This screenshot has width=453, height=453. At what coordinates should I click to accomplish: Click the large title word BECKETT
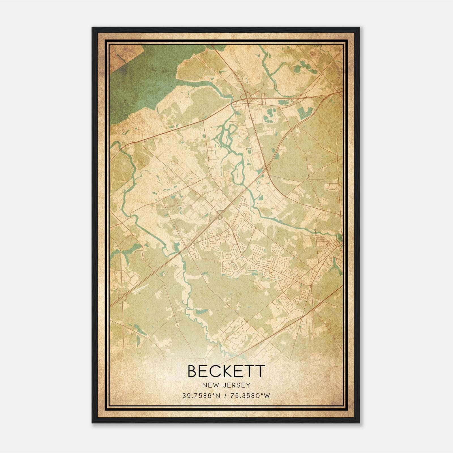coord(226,371)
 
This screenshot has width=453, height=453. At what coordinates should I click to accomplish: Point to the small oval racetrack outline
coord(313,53)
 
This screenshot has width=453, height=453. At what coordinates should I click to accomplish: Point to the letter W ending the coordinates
coord(268,396)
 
